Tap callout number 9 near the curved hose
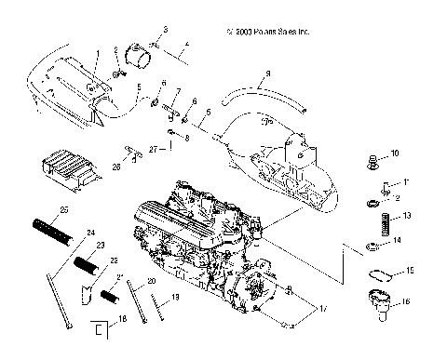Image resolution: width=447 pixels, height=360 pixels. pos(267,73)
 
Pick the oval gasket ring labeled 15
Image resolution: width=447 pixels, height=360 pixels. pos(378,274)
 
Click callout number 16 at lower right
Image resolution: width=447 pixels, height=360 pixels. pos(405,300)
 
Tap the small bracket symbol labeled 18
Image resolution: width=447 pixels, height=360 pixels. pos(96,328)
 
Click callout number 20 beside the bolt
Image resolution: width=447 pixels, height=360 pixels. pos(151,281)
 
